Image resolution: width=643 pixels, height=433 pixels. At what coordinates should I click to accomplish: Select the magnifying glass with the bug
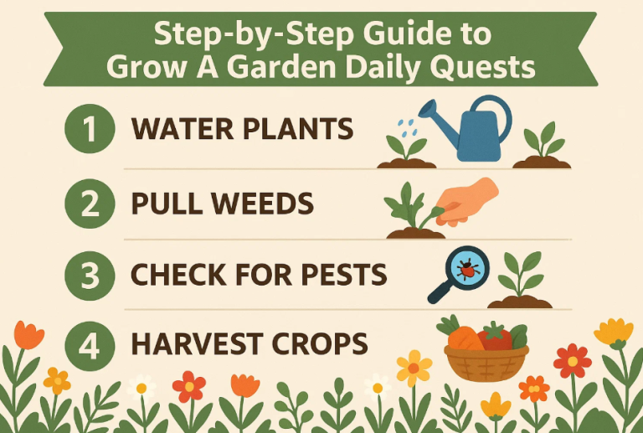click(x=457, y=272)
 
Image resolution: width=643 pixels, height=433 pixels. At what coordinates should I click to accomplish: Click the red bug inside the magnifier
click(x=467, y=268)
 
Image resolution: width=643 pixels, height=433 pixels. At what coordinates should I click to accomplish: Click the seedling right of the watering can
click(x=541, y=144)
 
